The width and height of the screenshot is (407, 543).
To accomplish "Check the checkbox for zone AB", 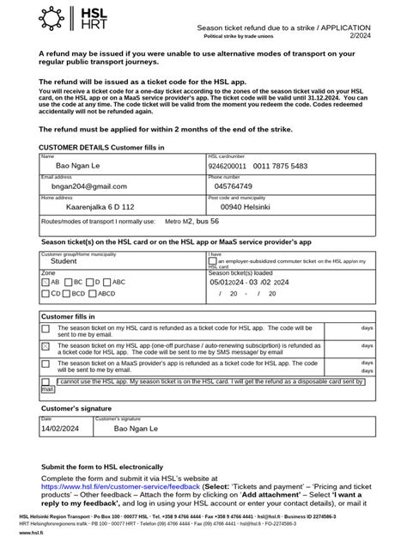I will click(x=46, y=281).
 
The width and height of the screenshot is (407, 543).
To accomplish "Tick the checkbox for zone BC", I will click(x=69, y=281).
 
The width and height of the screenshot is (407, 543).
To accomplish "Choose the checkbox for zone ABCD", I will click(x=92, y=293).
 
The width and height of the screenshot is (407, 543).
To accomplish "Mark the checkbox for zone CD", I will click(x=46, y=293).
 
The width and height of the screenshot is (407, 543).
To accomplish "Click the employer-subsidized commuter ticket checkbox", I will click(x=213, y=261).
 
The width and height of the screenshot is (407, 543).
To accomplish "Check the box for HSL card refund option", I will click(x=46, y=329).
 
